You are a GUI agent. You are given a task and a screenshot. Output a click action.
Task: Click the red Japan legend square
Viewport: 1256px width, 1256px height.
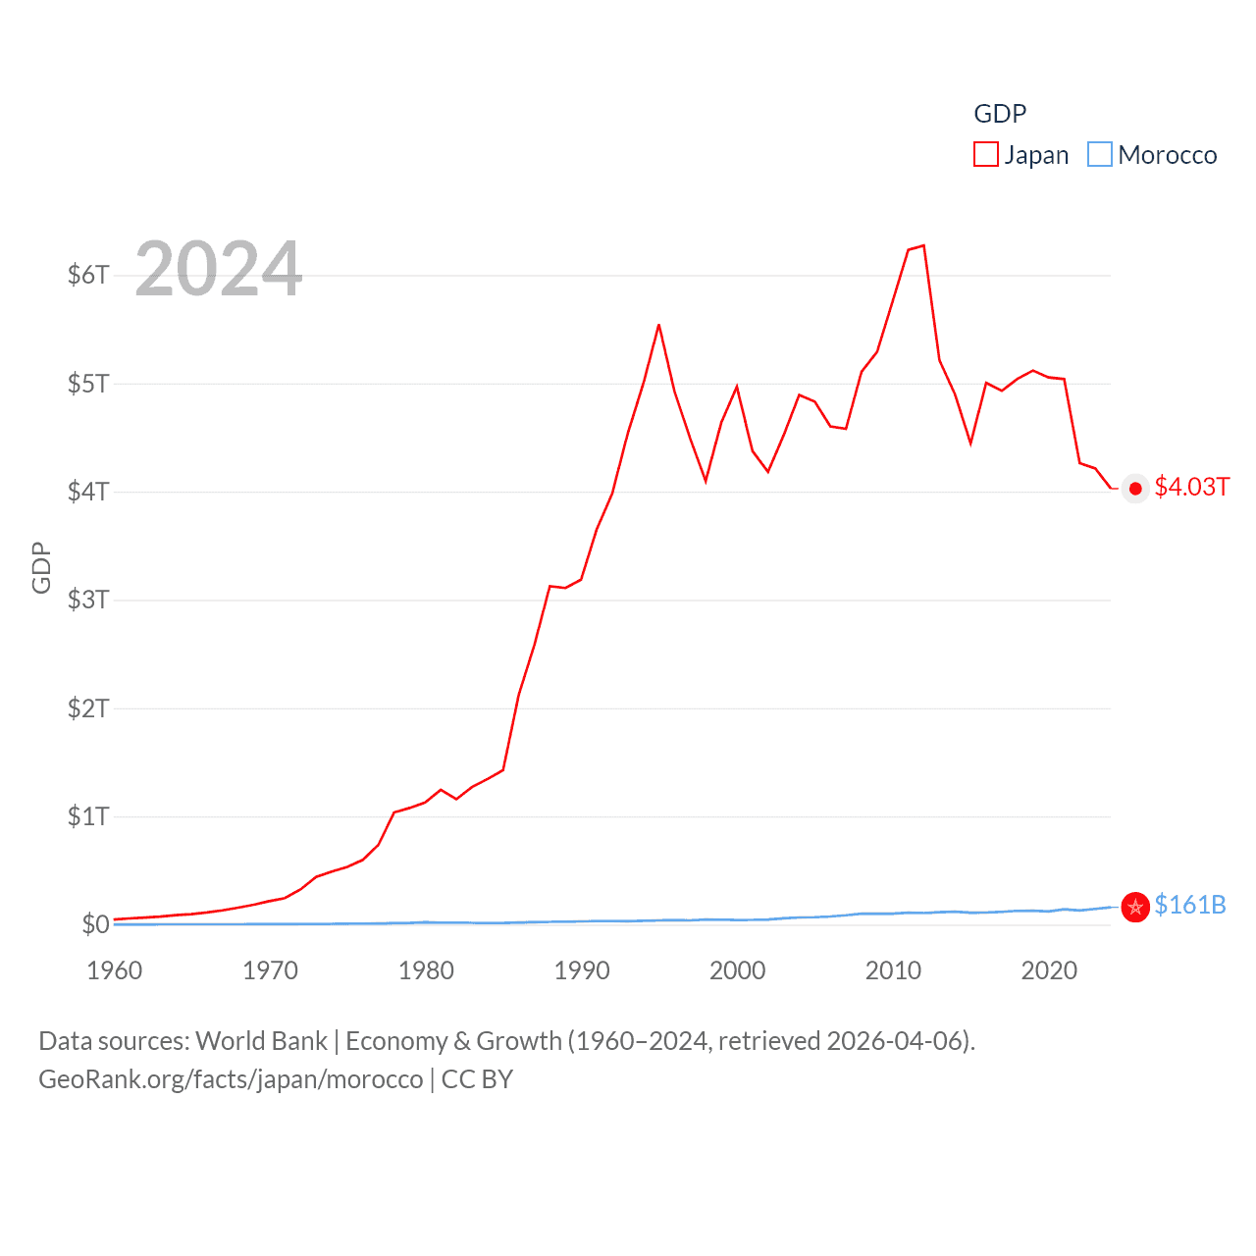pyautogui.click(x=985, y=155)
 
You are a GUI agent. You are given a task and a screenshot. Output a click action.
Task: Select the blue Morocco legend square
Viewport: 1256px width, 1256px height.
pyautogui.click(x=1100, y=155)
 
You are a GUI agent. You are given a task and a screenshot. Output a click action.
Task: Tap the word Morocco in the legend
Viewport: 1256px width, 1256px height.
pyautogui.click(x=1167, y=155)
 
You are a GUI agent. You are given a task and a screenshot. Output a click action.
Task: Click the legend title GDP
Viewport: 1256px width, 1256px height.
pyautogui.click(x=1000, y=114)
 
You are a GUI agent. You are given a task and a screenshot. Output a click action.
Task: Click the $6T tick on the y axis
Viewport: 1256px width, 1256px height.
pyautogui.click(x=88, y=275)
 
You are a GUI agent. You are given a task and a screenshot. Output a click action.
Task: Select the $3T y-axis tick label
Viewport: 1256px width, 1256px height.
pyautogui.click(x=88, y=600)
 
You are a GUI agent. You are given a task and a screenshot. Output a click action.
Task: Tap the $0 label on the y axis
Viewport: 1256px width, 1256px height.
pyautogui.click(x=95, y=924)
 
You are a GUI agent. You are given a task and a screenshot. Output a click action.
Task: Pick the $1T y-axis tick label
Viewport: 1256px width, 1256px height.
pyautogui.click(x=88, y=816)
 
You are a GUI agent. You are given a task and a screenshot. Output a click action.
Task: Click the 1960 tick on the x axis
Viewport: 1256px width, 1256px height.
pyautogui.click(x=115, y=970)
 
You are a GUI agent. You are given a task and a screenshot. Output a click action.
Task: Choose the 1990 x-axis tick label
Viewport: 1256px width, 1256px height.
pyautogui.click(x=582, y=970)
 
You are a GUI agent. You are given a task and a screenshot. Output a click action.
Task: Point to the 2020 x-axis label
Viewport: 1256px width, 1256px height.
pyautogui.click(x=1049, y=970)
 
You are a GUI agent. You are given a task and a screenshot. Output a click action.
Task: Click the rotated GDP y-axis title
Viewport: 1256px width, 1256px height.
pyautogui.click(x=41, y=567)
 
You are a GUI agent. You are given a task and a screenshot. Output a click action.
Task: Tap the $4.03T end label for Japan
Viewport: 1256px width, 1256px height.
pyautogui.click(x=1191, y=487)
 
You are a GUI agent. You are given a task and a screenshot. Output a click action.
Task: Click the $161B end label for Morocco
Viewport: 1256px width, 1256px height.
pyautogui.click(x=1190, y=905)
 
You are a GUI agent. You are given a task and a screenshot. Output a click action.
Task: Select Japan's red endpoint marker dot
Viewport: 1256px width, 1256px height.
pyautogui.click(x=1135, y=489)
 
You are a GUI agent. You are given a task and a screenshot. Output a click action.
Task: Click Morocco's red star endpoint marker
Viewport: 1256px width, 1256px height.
pyautogui.click(x=1135, y=908)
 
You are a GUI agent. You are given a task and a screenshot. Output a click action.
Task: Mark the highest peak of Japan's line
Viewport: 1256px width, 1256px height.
pyautogui.click(x=923, y=245)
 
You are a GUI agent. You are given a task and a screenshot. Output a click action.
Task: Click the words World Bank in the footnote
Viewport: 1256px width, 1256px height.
pyautogui.click(x=262, y=1040)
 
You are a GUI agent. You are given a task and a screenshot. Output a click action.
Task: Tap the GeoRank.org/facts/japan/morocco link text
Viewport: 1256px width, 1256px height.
pyautogui.click(x=231, y=1079)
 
